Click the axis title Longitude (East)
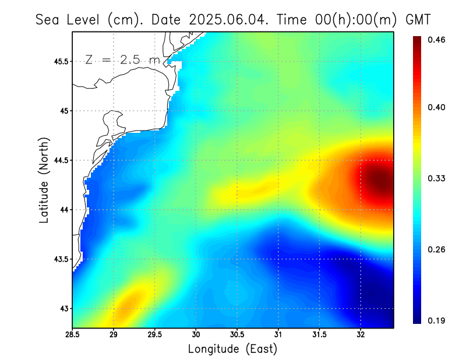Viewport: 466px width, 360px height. (232, 349)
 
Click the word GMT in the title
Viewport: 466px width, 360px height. (418, 19)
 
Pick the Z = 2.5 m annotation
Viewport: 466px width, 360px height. (122, 59)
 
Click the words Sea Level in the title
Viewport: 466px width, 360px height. (69, 19)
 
